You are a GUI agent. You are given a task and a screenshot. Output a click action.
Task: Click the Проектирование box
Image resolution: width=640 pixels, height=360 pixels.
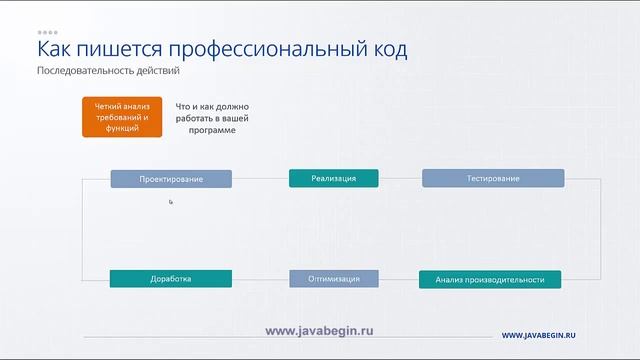171,179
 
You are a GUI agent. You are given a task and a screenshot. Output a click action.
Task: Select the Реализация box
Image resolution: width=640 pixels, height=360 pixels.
334,178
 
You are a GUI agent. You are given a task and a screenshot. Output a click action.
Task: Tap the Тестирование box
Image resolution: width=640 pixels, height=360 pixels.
493,178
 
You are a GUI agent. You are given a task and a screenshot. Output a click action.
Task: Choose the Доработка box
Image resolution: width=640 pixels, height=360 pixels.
171,279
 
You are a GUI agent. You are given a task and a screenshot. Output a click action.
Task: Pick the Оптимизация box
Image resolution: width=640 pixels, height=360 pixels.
334,279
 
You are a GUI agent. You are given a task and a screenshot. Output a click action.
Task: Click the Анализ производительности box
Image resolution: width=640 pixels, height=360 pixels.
490,280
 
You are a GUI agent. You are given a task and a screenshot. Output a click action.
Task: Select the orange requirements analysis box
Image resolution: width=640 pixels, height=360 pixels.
122,117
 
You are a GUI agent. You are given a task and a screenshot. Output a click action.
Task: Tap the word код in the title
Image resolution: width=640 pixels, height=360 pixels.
385,50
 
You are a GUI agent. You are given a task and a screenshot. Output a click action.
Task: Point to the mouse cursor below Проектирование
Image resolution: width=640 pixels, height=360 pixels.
171,202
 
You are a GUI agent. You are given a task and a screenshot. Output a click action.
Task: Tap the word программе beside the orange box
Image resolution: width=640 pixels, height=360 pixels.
211,130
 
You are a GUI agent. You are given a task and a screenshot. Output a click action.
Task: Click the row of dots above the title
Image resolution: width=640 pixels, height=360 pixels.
48,32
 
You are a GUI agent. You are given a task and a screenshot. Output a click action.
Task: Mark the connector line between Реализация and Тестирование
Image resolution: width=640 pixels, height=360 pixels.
400,179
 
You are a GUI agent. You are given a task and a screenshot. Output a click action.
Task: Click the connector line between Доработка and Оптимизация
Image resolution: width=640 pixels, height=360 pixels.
260,279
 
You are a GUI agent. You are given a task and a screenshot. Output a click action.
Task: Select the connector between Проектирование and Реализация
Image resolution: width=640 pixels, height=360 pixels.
260,179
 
